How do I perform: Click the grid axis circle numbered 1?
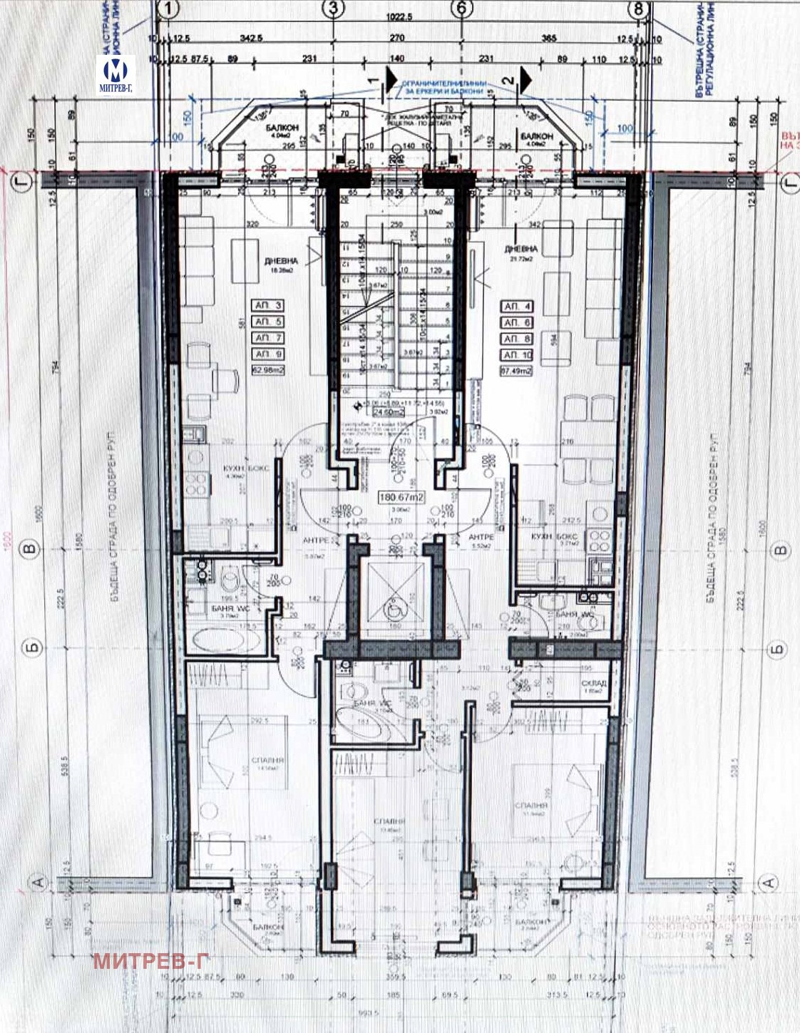(169, 9)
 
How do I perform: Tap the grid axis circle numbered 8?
(638, 9)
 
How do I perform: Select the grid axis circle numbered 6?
(462, 9)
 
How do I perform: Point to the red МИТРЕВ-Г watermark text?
(151, 960)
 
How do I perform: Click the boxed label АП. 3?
(268, 305)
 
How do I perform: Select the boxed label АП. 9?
(268, 354)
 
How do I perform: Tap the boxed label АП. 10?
(517, 355)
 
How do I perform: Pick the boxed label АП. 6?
(517, 322)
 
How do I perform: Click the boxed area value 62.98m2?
(268, 370)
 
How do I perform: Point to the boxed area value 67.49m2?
(517, 371)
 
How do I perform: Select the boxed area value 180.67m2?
(401, 497)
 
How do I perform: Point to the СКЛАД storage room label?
(593, 683)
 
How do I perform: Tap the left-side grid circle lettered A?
(39, 883)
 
